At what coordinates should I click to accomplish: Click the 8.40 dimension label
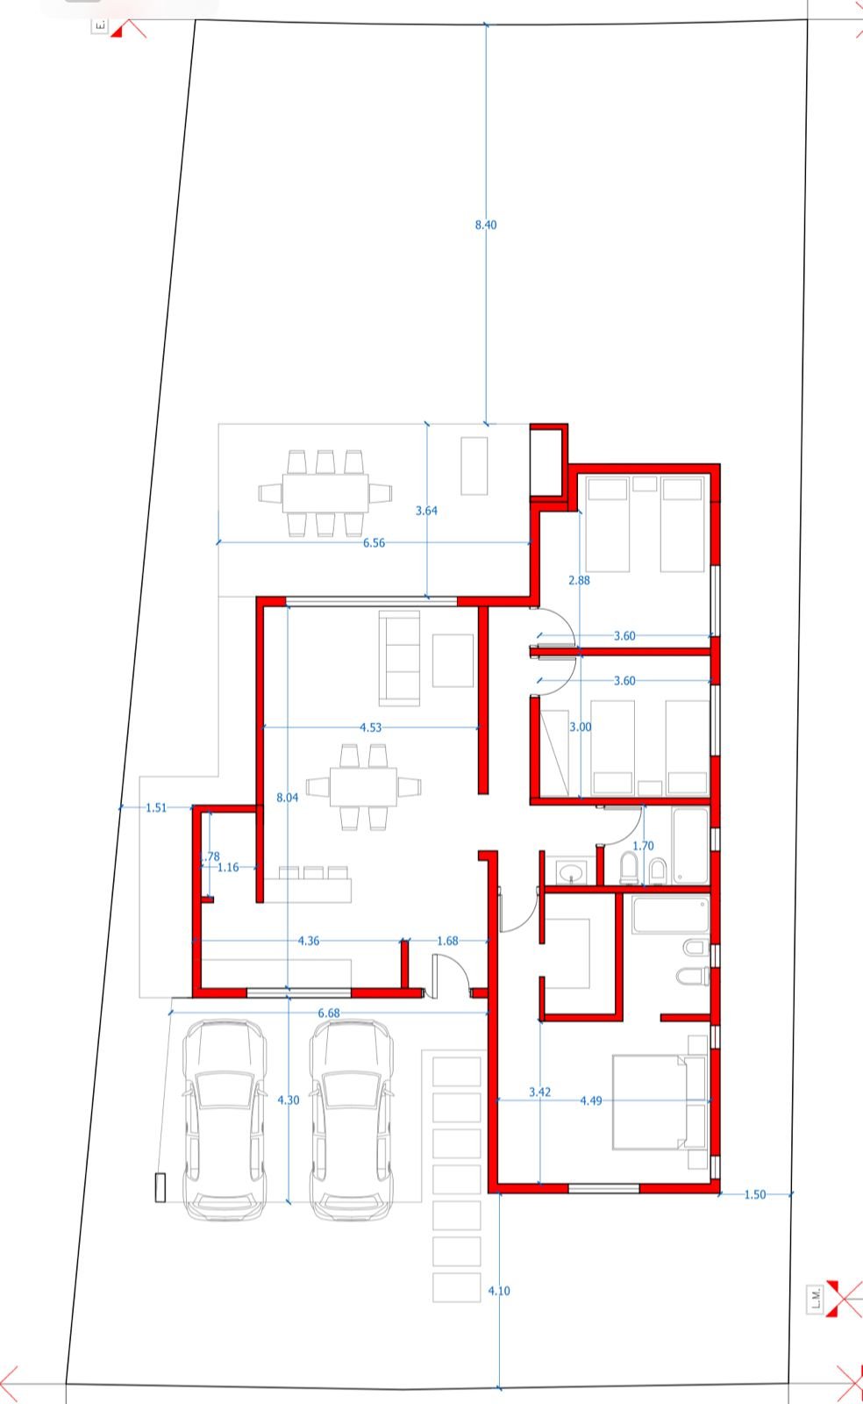485,225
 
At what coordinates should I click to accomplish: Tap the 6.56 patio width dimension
374,543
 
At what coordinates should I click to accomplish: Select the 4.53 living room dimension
370,727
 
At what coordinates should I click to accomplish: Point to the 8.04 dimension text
288,798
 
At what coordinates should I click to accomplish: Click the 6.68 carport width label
329,1013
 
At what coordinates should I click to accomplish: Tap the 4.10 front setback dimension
499,1291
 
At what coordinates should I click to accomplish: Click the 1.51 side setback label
156,807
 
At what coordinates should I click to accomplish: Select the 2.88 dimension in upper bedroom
579,580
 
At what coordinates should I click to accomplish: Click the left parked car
225,1120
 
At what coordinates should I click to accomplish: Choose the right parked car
352,1120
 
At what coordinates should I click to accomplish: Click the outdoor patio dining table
325,493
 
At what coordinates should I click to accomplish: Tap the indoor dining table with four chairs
363,786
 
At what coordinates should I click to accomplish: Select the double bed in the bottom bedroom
660,1102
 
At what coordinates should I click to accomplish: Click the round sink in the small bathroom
571,872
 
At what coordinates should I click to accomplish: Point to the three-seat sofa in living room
399,659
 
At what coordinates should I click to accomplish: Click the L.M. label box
815,1298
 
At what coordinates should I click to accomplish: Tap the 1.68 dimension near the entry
447,940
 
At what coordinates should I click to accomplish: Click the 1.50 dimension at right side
754,1194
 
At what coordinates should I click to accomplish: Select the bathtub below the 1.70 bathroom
671,914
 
